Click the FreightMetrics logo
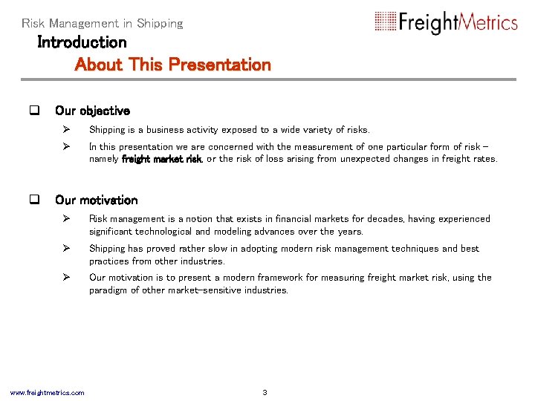446,22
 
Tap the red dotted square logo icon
386,22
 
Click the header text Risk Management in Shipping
103,24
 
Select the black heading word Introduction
82,42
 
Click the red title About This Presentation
173,65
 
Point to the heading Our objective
92,111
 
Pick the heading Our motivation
96,200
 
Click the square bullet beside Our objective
33,111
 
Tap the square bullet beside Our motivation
33,200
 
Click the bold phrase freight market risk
162,159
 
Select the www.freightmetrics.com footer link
47,392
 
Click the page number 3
265,392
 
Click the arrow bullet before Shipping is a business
66,130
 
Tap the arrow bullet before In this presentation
66,146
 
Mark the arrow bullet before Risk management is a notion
66,218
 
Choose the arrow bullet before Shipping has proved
66,248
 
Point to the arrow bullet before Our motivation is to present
66,277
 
